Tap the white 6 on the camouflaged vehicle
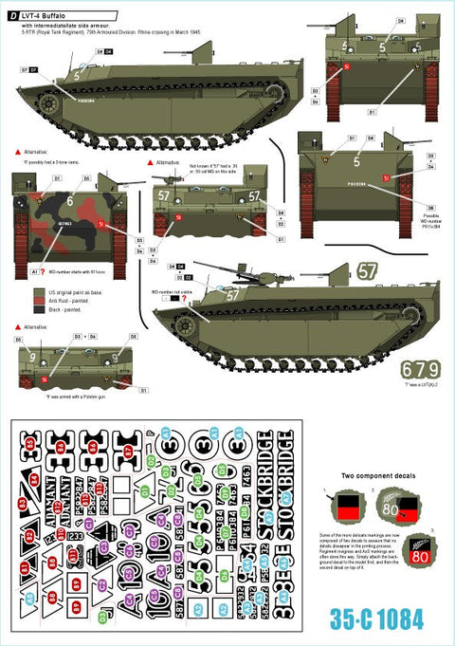click(x=71, y=200)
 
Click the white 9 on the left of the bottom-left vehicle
click(x=34, y=359)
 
